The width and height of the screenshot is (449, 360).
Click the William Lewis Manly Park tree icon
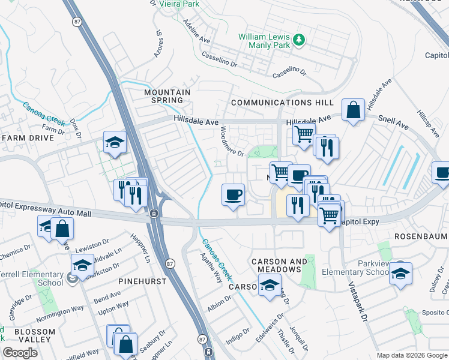point(299,41)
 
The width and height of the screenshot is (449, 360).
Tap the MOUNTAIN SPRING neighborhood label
point(167,97)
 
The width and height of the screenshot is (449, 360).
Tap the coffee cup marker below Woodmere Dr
point(233,194)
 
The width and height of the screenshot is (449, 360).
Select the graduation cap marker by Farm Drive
point(115,142)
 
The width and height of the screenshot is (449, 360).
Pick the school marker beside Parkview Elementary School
point(400,274)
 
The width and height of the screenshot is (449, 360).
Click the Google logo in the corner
point(20,353)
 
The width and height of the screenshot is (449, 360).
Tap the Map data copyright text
point(412,355)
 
